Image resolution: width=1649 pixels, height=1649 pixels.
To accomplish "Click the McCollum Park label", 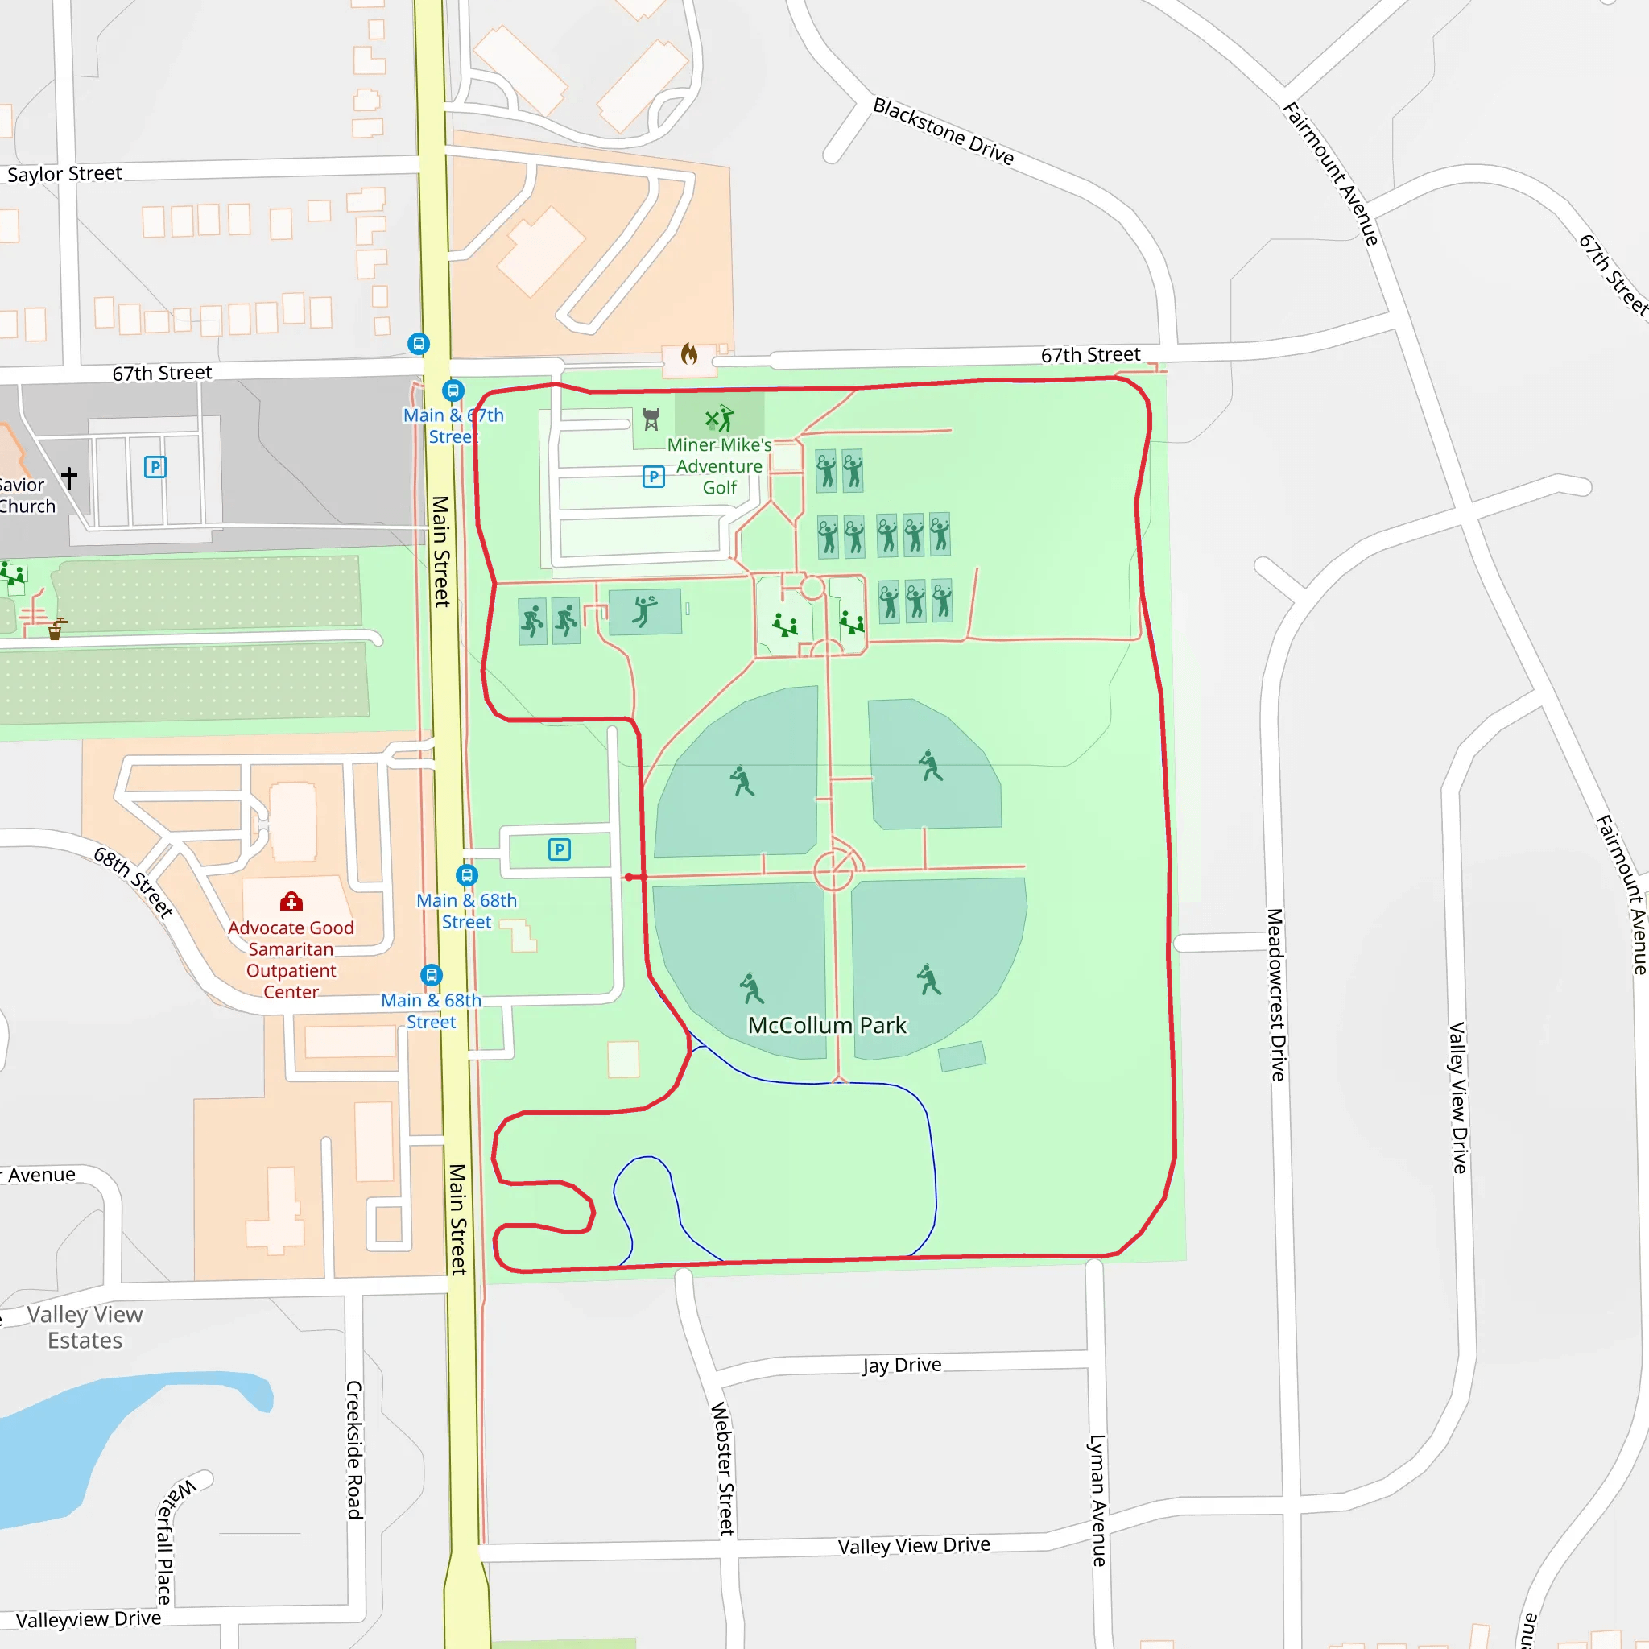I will [826, 1025].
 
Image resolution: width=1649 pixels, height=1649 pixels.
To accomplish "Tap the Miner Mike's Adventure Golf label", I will [720, 466].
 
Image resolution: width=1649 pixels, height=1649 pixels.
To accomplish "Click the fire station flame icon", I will [688, 353].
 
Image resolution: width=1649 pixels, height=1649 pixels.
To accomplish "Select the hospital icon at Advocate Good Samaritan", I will [291, 901].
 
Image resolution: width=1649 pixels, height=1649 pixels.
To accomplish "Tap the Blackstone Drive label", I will [942, 131].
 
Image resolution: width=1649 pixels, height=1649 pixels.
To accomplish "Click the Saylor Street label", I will [65, 173].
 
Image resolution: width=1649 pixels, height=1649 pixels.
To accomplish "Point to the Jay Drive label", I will [901, 1365].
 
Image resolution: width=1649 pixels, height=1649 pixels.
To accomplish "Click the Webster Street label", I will [722, 1468].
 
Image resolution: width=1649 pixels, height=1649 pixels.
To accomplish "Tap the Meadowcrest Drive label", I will [1275, 994].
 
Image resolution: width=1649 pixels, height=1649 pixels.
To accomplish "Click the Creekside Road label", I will [354, 1449].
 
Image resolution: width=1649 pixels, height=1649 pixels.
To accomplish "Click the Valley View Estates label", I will [85, 1327].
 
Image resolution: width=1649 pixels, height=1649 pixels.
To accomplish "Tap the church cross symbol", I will [69, 477].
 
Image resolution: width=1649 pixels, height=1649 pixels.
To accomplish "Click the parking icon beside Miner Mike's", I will [653, 477].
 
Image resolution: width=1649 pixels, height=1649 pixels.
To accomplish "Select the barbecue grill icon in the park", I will [651, 418].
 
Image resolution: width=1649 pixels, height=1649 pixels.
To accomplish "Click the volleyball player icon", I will [644, 611].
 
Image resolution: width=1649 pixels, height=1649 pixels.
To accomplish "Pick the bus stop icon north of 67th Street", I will [418, 344].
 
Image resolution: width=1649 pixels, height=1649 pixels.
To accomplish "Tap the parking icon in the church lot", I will [155, 467].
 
